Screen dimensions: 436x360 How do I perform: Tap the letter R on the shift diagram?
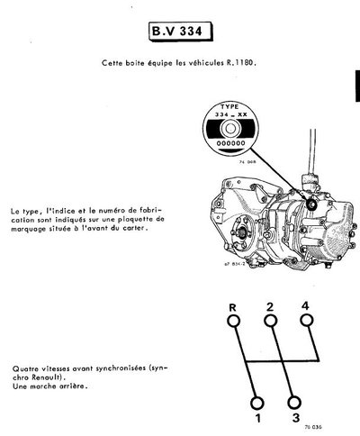coord(232,307)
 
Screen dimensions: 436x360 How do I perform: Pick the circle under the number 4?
coord(306,324)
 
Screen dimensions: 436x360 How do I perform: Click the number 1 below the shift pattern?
coord(256,419)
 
